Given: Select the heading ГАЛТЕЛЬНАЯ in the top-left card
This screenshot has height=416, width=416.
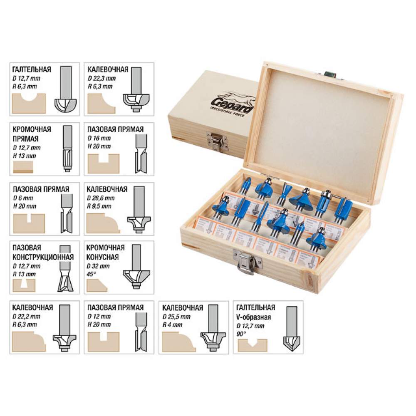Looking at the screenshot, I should coord(32,69).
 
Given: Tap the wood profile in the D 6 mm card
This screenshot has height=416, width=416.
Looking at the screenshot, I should coord(29,223).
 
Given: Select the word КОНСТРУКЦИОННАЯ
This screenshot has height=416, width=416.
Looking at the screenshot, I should coord(43,257).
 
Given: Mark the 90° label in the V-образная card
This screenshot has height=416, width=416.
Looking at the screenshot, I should coord(241,333).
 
